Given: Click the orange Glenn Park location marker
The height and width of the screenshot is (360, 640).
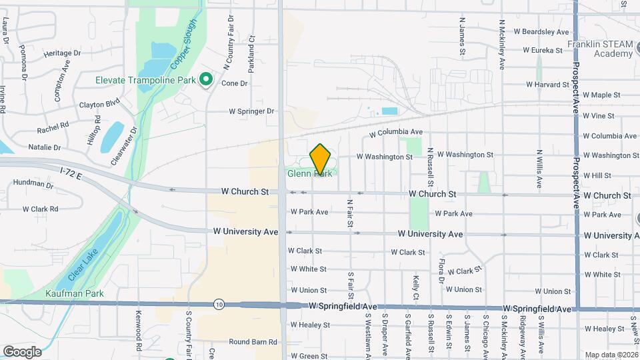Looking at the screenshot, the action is (321, 158).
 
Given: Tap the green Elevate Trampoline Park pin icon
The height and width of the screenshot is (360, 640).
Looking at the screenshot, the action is (206, 80).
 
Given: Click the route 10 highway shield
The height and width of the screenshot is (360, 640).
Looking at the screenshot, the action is (219, 305).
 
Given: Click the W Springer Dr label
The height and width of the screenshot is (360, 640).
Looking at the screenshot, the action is (251, 111).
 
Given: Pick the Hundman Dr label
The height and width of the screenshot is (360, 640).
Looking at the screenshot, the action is (32, 183).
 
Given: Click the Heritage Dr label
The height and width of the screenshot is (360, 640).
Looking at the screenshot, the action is (61, 53).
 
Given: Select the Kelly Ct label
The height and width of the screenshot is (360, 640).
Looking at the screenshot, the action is (416, 287).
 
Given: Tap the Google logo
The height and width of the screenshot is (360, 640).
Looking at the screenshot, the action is (22, 351).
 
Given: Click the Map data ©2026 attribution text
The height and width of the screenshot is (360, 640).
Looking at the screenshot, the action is (611, 355).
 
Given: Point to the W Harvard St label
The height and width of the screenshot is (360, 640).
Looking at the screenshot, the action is (547, 85).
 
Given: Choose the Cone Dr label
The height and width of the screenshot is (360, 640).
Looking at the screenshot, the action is (234, 83).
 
